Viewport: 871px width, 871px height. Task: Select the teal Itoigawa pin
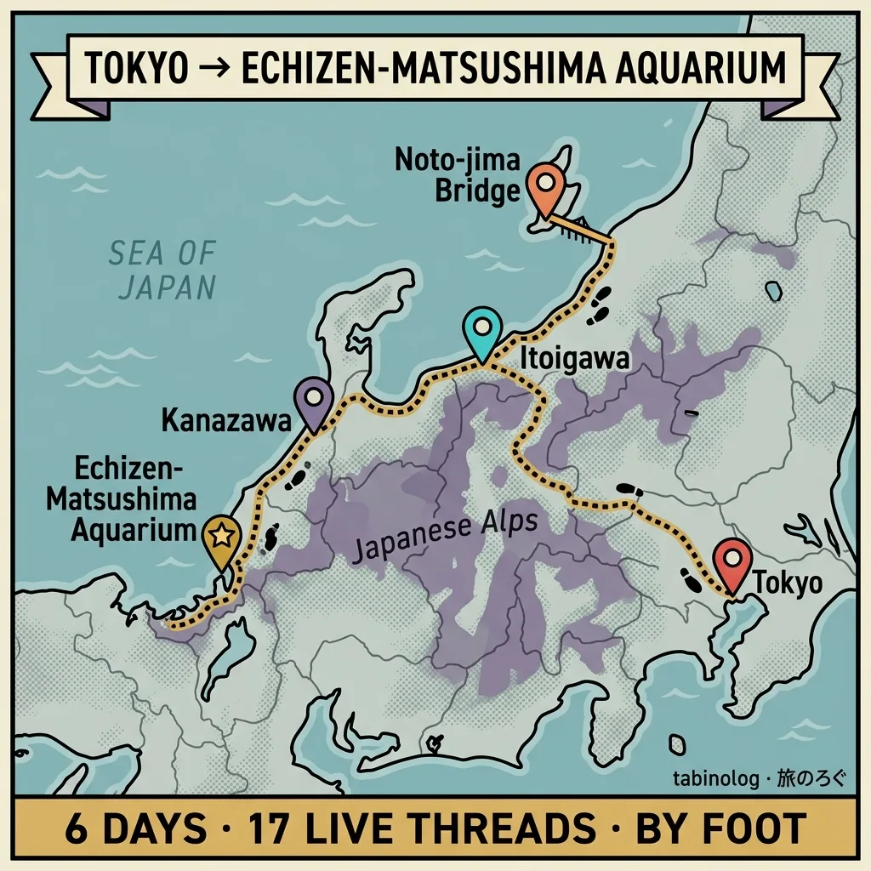pyautogui.click(x=482, y=333)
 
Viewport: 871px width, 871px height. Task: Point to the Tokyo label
pyautogui.click(x=788, y=584)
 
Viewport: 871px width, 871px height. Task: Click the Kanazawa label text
pyautogui.click(x=221, y=420)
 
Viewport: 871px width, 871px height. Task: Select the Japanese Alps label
pyautogui.click(x=445, y=538)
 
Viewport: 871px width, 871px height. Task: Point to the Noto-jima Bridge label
pyautogui.click(x=458, y=174)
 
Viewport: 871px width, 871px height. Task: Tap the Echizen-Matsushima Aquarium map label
pyautogui.click(x=121, y=499)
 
